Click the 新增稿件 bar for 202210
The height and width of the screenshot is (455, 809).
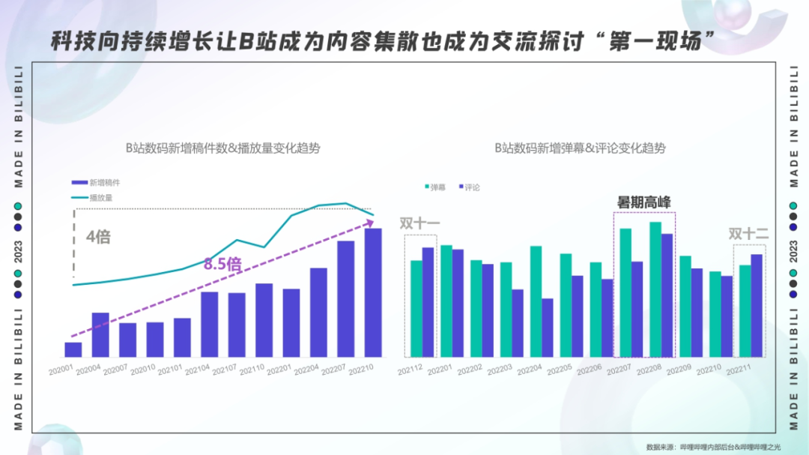[x=373, y=292]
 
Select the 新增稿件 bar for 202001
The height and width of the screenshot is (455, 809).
[x=73, y=349]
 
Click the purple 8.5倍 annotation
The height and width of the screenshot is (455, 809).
[x=222, y=264]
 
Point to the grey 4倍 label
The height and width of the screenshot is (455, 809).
[x=98, y=237]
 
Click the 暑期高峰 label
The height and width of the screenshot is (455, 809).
[x=643, y=202]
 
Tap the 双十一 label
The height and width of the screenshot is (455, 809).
[x=419, y=223]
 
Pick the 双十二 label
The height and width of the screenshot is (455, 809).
[x=749, y=234]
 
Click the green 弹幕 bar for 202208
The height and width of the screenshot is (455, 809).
[x=655, y=289]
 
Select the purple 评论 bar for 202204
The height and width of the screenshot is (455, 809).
[x=547, y=328]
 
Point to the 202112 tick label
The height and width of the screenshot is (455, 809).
[x=411, y=369]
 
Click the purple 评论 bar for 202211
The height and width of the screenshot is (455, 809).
[x=757, y=306]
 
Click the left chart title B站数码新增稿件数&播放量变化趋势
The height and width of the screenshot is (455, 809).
[x=222, y=148]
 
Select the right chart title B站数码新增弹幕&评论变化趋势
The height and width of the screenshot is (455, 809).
[x=580, y=148]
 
